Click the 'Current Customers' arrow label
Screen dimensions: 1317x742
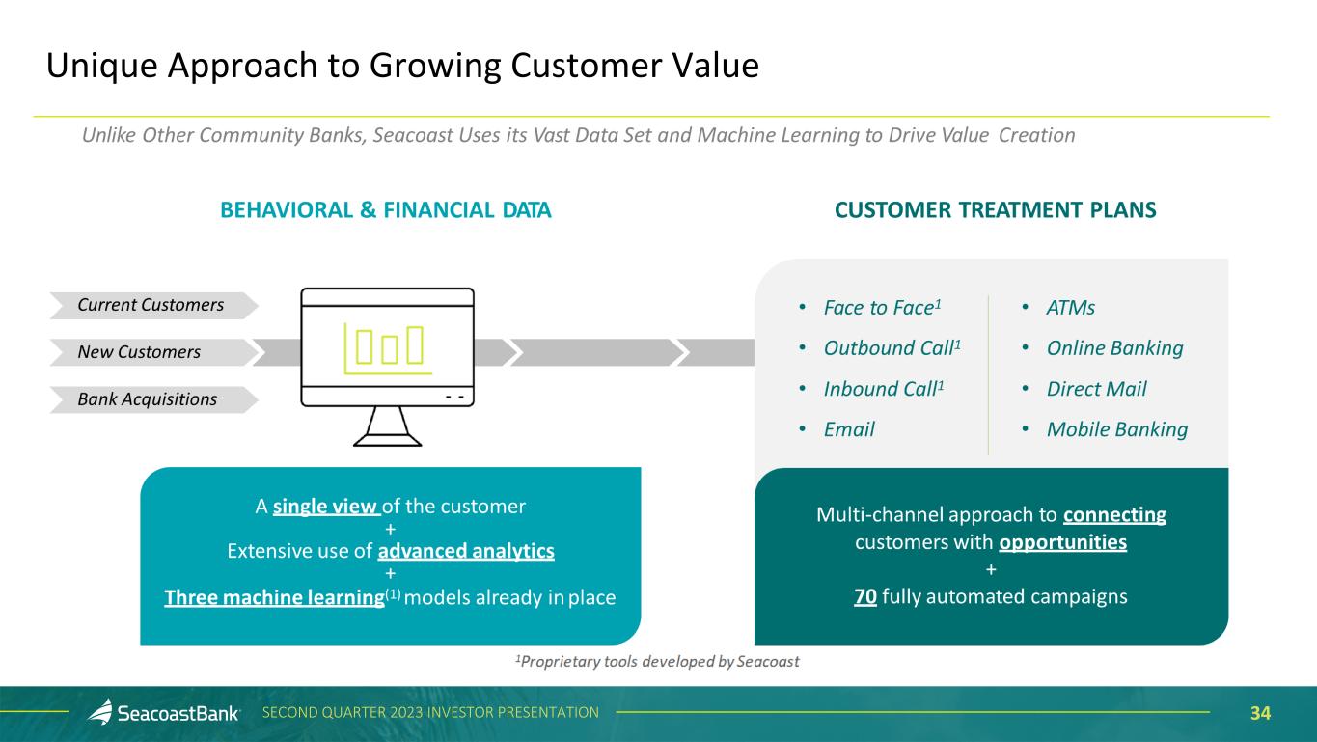click(x=151, y=305)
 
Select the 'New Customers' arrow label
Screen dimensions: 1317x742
click(x=139, y=352)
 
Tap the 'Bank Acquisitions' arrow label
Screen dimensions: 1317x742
click(x=147, y=399)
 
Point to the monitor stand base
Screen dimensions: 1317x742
click(x=388, y=440)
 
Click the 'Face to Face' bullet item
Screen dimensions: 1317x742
click(x=882, y=308)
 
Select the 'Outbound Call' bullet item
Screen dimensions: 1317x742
click(x=892, y=348)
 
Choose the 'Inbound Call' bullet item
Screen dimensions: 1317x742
click(x=884, y=389)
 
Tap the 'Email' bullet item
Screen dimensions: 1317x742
click(x=849, y=429)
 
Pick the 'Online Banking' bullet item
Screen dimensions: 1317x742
click(x=1114, y=348)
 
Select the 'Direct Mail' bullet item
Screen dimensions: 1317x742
click(x=1096, y=389)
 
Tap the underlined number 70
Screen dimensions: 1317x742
click(x=865, y=596)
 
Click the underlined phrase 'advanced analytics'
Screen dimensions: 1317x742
click(x=466, y=551)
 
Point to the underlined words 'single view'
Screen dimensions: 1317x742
click(x=326, y=507)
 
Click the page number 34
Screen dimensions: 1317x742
click(x=1260, y=713)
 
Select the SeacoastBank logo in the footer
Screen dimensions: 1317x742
click(x=163, y=712)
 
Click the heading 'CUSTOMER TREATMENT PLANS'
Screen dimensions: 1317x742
click(x=996, y=210)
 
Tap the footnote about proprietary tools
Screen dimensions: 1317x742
click(x=657, y=662)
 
